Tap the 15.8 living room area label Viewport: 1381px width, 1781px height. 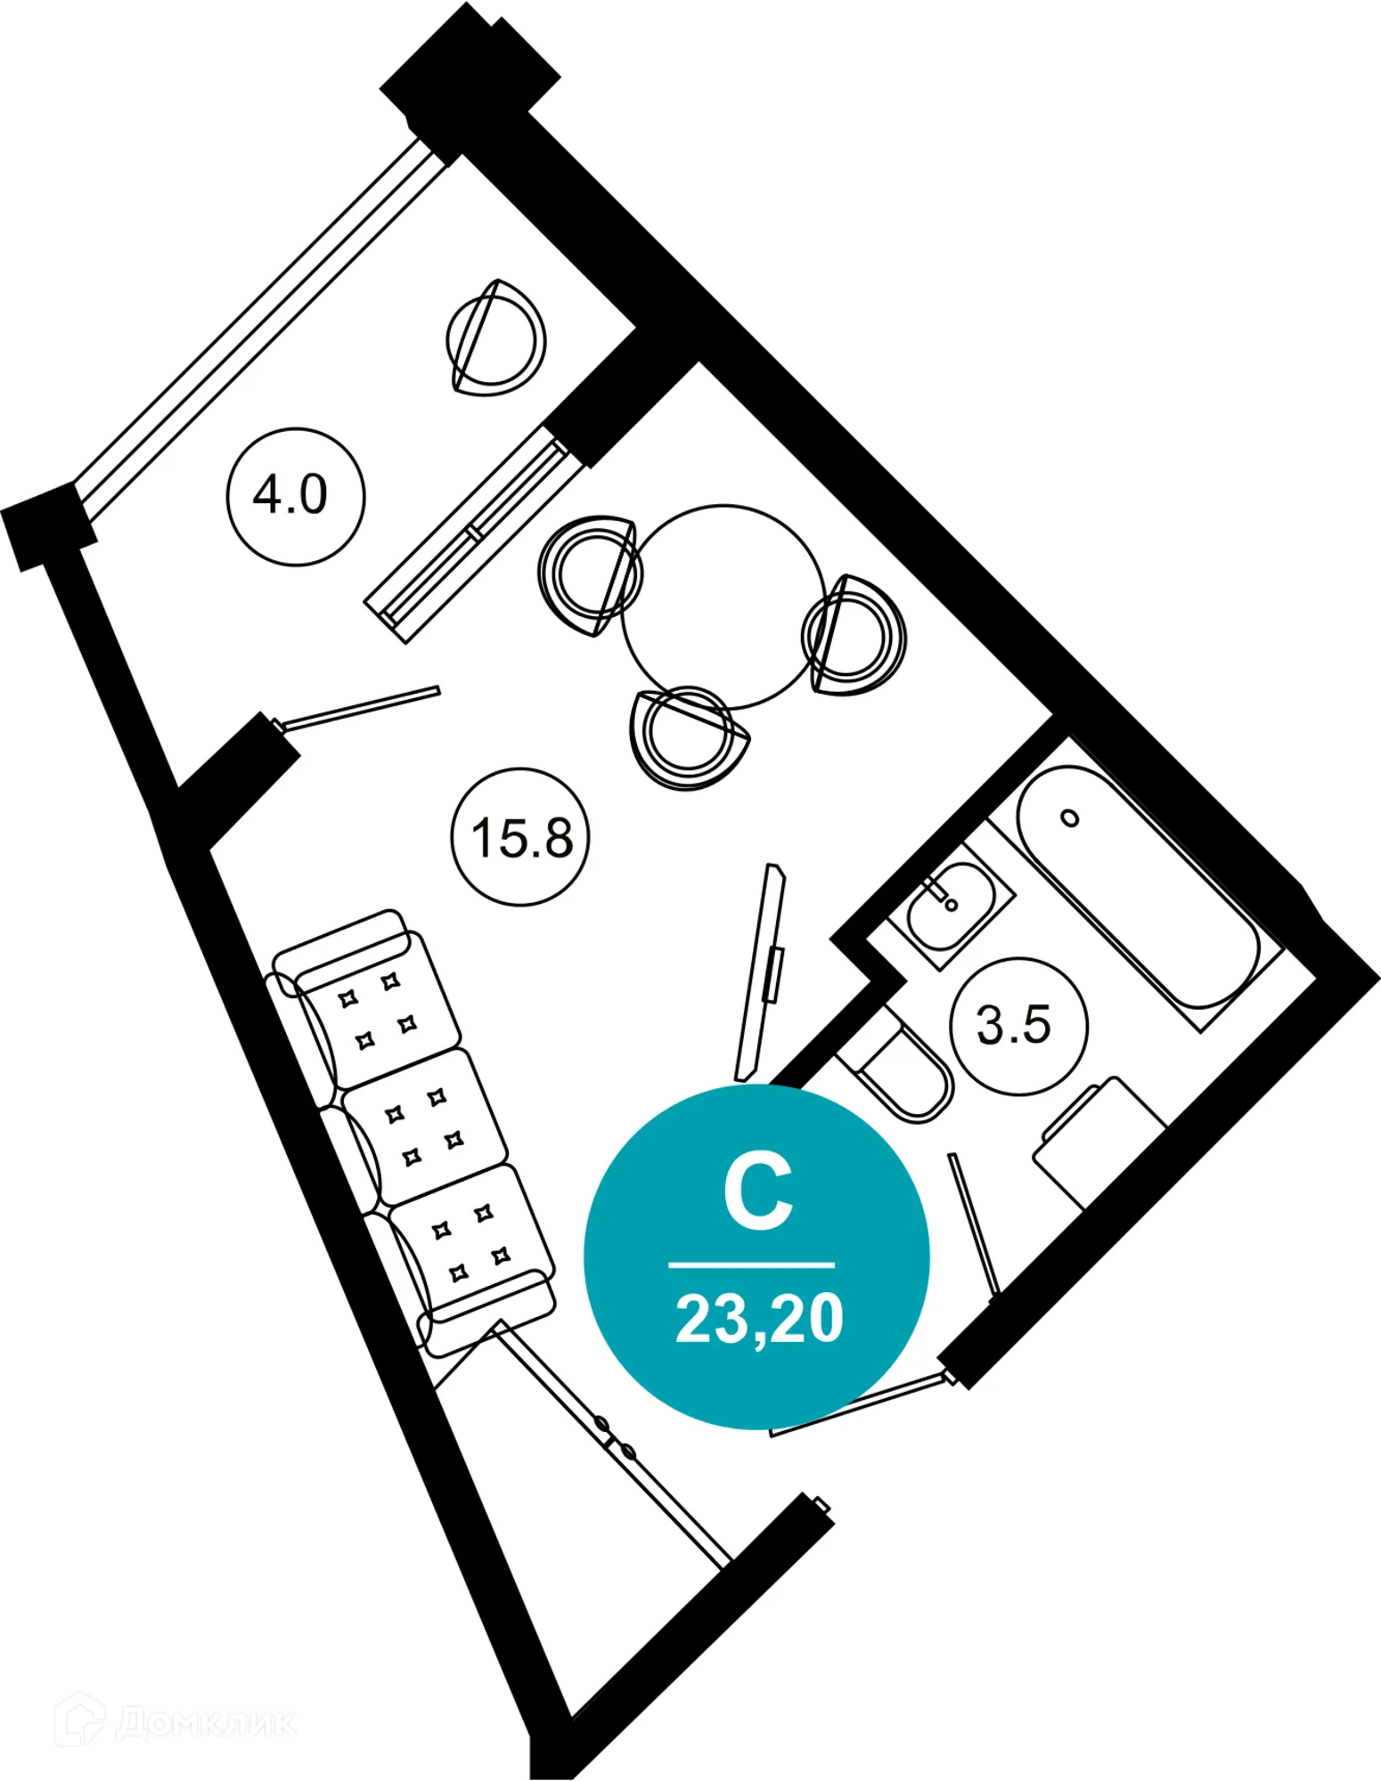[521, 837]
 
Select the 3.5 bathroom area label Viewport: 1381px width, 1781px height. [1017, 1025]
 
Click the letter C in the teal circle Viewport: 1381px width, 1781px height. [757, 1193]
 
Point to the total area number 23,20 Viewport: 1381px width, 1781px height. [759, 1319]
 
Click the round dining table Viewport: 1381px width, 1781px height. [722, 606]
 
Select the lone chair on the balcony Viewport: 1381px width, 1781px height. [495, 339]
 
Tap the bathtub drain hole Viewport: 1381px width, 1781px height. [1070, 817]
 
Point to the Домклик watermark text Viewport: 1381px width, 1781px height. [205, 1722]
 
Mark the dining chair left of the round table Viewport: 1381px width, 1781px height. [588, 574]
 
